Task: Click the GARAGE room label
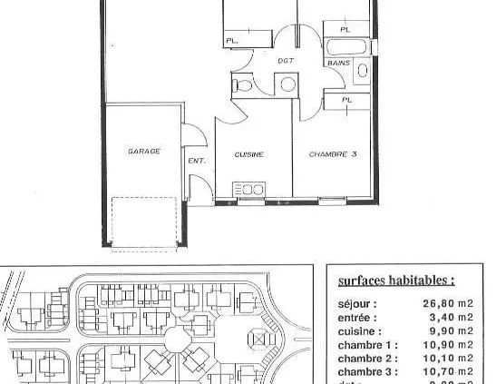pos(143,152)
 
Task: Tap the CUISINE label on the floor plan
pos(248,154)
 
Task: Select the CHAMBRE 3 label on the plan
pos(332,154)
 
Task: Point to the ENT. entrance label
pos(196,161)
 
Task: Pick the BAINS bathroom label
pos(338,63)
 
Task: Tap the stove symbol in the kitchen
pos(248,189)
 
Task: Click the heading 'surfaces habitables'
pos(395,281)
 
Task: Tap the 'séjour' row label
pos(356,304)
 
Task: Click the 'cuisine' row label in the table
pos(358,331)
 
